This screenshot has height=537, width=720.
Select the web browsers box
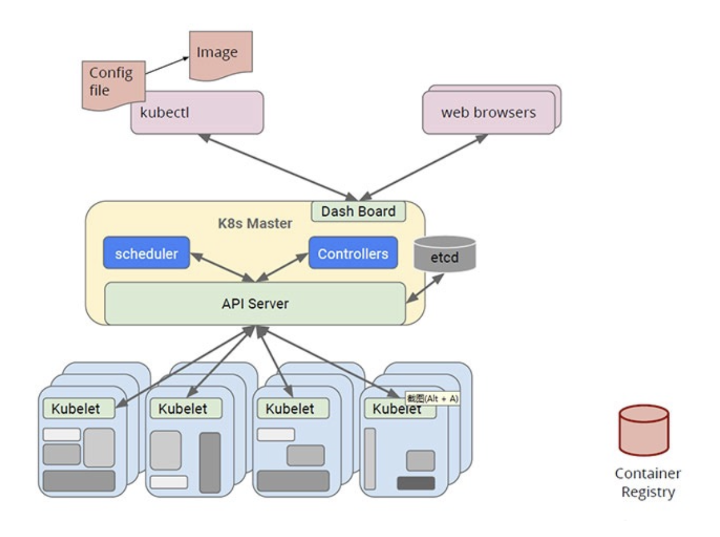point(488,112)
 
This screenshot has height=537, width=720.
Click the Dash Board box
point(358,211)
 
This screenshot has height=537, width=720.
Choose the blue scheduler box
point(146,253)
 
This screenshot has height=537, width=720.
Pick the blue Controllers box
point(352,253)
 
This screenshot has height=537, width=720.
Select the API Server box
point(255,304)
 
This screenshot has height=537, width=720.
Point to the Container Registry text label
point(647,482)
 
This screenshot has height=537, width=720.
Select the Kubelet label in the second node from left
point(183,409)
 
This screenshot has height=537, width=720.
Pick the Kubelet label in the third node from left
point(290,409)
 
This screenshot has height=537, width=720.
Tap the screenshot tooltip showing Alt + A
point(433,399)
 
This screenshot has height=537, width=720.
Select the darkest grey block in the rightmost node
point(416,483)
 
